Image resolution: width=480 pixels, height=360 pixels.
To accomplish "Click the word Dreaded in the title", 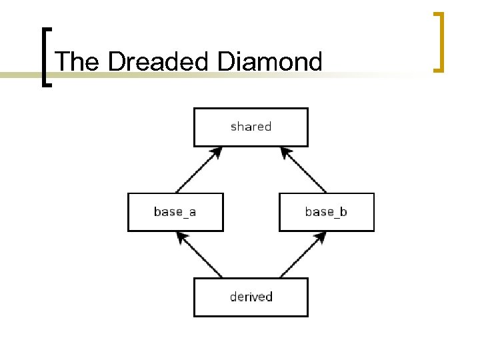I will tap(157, 62).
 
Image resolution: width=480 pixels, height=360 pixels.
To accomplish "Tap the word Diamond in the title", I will tap(269, 62).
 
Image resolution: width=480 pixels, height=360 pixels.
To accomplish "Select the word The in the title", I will tap(77, 62).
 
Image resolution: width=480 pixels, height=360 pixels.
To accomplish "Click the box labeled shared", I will tap(251, 127).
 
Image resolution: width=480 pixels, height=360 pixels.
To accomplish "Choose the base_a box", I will tap(175, 212).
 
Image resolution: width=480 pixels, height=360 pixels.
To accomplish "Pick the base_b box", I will tap(327, 212).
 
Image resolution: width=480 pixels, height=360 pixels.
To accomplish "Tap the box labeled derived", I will tap(251, 297).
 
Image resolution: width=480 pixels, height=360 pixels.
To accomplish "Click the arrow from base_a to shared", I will tap(197, 171).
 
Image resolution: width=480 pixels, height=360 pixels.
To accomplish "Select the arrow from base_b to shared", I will tap(304, 171).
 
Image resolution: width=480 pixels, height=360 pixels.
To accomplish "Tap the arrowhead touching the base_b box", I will tap(321, 236).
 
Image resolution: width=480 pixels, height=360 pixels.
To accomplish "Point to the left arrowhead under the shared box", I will tap(215, 153).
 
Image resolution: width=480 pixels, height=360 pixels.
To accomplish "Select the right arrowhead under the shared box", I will tap(286, 153).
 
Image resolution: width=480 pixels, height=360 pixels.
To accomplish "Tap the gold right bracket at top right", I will tap(439, 41).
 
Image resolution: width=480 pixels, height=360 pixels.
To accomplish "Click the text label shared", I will tap(251, 126).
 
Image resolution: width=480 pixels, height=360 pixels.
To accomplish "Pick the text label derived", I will tap(251, 296).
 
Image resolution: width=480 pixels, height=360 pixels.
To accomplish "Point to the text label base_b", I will tap(326, 211).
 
